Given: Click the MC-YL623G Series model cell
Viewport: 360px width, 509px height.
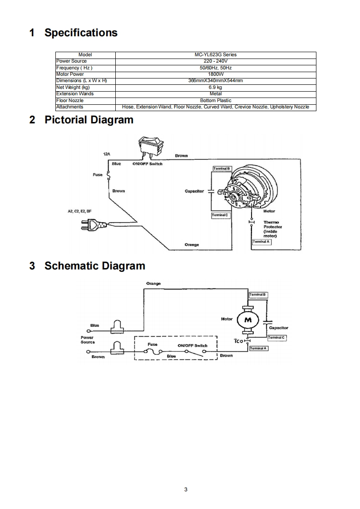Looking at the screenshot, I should click(216, 54).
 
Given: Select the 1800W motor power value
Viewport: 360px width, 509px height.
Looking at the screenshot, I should click(216, 74).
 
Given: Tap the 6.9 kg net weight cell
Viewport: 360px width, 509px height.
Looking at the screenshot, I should click(216, 87).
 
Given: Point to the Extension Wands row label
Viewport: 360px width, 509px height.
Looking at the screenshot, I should click(74, 93).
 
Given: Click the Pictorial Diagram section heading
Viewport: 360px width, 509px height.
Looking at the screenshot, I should click(89, 120).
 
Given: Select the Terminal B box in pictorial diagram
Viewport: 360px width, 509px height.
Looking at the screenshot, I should click(222, 168).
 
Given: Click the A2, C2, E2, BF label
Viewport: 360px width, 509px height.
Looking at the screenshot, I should click(79, 211).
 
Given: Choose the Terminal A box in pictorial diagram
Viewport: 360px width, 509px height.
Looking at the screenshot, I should click(261, 242).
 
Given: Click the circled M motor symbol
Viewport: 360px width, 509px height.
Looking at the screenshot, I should click(248, 320).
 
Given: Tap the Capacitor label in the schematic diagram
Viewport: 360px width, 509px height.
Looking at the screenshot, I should click(278, 328).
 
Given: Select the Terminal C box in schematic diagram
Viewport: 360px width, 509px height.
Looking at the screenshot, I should click(276, 338).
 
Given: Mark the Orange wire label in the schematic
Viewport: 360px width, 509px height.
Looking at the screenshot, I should click(153, 284).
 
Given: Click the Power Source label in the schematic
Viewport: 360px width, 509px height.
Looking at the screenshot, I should click(87, 340).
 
